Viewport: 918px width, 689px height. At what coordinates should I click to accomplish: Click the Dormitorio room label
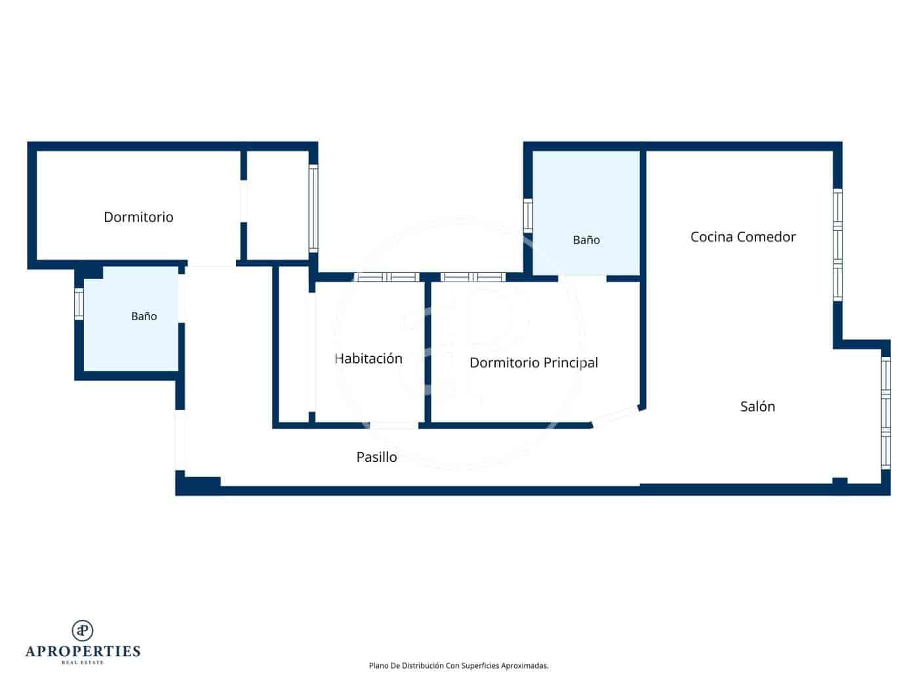tap(138, 217)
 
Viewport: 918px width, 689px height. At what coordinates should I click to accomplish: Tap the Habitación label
tap(369, 358)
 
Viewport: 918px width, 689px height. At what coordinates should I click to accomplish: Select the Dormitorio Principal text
tap(534, 363)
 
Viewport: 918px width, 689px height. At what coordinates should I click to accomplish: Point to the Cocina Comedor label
tap(743, 237)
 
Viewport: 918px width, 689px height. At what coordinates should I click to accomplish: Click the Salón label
tap(757, 406)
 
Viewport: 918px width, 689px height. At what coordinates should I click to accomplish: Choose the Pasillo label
tap(376, 457)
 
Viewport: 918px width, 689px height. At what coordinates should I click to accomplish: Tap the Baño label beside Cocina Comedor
tap(586, 240)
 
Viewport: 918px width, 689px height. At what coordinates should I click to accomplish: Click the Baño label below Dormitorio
tap(144, 316)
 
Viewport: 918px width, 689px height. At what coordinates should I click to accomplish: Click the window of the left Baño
tap(79, 304)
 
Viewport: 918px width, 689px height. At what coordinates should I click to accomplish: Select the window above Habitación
tap(386, 277)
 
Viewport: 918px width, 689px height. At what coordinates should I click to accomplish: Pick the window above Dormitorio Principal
tap(473, 277)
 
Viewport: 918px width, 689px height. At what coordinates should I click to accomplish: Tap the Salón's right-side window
tap(885, 413)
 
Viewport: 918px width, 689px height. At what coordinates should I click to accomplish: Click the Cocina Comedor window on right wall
tap(837, 245)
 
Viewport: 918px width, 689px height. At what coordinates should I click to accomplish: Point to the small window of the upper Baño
tap(528, 215)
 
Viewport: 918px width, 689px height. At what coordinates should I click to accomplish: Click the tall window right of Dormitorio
tap(313, 208)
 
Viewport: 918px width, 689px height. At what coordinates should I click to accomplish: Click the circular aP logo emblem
tap(83, 631)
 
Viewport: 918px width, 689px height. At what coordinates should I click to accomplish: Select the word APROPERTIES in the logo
tap(83, 652)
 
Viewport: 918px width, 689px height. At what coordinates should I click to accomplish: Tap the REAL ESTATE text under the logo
tap(83, 663)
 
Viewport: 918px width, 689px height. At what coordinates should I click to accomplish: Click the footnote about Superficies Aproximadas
tap(458, 665)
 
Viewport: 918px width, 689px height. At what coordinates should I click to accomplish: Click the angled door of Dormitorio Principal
tap(616, 417)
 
